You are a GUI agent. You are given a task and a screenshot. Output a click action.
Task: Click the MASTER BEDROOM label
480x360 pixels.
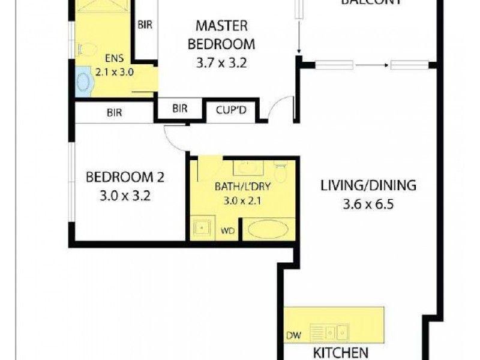pyautogui.click(x=221, y=35)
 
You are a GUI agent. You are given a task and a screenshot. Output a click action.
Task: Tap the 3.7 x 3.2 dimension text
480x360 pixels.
pyautogui.click(x=221, y=62)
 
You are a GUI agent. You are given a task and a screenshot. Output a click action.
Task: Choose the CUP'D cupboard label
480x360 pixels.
pyautogui.click(x=231, y=109)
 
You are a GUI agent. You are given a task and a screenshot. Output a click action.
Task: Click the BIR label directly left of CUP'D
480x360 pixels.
pyautogui.click(x=179, y=109)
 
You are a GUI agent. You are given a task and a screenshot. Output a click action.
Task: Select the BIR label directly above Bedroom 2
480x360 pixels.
pyautogui.click(x=115, y=112)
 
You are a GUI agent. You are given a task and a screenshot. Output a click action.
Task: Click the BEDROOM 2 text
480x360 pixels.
pyautogui.click(x=125, y=177)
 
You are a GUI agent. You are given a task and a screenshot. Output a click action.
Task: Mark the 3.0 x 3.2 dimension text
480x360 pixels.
pyautogui.click(x=125, y=195)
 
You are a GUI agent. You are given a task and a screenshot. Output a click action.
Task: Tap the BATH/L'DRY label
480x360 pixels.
pyautogui.click(x=243, y=187)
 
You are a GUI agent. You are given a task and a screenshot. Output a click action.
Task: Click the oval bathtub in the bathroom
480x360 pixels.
pyautogui.click(x=268, y=230)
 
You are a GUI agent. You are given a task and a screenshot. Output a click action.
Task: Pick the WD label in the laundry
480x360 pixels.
pyautogui.click(x=227, y=230)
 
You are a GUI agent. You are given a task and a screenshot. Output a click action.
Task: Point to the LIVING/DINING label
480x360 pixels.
pyautogui.click(x=368, y=185)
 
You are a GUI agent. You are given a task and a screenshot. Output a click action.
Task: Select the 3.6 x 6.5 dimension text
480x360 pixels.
pyautogui.click(x=368, y=203)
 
